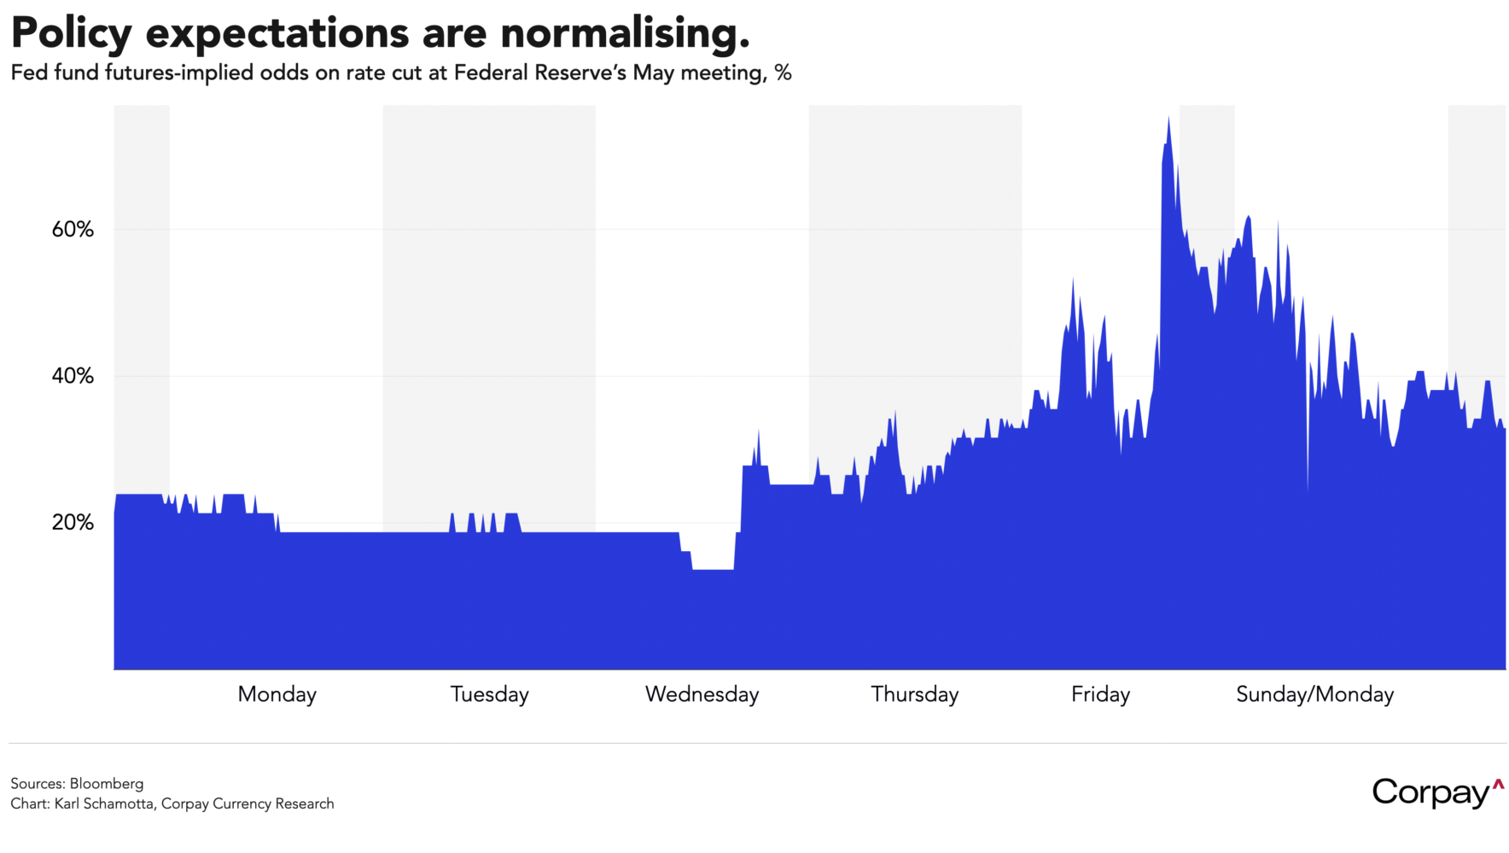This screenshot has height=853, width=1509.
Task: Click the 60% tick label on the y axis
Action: click(x=73, y=229)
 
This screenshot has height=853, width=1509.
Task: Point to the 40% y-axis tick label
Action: click(x=73, y=376)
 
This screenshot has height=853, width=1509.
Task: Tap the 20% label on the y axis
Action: click(x=73, y=523)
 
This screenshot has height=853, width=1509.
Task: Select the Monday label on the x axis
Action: click(x=277, y=694)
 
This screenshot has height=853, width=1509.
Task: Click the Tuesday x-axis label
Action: click(x=489, y=694)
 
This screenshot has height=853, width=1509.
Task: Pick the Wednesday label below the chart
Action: click(x=702, y=694)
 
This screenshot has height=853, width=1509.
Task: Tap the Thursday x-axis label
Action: click(x=914, y=694)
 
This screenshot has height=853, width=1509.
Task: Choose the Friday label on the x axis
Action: click(x=1100, y=694)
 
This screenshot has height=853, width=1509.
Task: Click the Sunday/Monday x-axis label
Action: click(x=1314, y=694)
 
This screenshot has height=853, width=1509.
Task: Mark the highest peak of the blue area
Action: click(x=1168, y=119)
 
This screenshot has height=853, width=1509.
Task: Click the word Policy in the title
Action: click(x=71, y=34)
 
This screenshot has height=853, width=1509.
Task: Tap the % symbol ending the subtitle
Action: click(x=783, y=73)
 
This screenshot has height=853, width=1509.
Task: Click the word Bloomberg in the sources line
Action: click(x=107, y=783)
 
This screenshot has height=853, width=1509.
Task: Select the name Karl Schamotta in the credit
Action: click(x=104, y=804)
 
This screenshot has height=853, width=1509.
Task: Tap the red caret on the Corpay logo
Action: click(x=1497, y=784)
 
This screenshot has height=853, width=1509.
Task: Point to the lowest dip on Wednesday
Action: click(x=713, y=570)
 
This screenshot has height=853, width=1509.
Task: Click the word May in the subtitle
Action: click(x=653, y=73)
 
